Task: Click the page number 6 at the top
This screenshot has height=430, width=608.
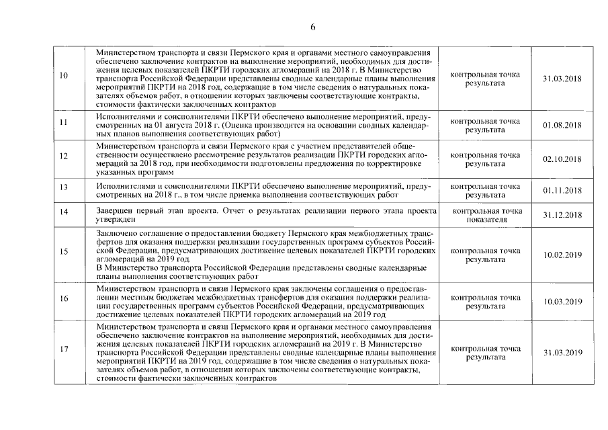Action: pyautogui.click(x=313, y=28)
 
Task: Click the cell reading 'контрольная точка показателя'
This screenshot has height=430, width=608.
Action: pyautogui.click(x=486, y=214)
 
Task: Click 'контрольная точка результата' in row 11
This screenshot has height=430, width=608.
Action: pyautogui.click(x=485, y=125)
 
